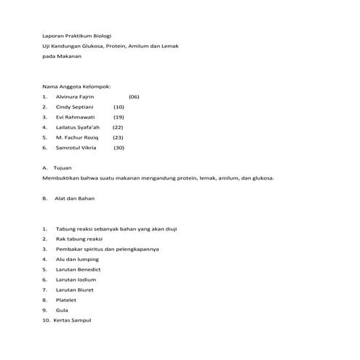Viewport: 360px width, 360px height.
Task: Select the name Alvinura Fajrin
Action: pyautogui.click(x=75, y=96)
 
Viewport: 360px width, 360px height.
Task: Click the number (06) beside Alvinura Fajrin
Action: pyautogui.click(x=134, y=96)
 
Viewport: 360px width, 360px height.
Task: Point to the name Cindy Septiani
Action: pyautogui.click(x=74, y=106)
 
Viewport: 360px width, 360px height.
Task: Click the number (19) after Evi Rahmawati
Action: pyautogui.click(x=119, y=116)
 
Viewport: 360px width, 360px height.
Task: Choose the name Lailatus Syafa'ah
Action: pyautogui.click(x=79, y=127)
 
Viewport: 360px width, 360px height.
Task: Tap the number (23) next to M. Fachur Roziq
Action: pyautogui.click(x=118, y=137)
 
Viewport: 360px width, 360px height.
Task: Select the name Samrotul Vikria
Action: pyautogui.click(x=76, y=147)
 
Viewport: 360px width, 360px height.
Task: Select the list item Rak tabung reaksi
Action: pyautogui.click(x=79, y=239)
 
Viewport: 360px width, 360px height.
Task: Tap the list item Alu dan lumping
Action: pyautogui.click(x=76, y=259)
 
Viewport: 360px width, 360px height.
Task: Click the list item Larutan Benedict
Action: pyautogui.click(x=78, y=269)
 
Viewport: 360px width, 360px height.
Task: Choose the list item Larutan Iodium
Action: pyautogui.click(x=76, y=279)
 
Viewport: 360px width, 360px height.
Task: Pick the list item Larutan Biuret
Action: pyautogui.click(x=75, y=289)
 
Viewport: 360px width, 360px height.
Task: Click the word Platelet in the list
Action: pyautogui.click(x=65, y=300)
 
